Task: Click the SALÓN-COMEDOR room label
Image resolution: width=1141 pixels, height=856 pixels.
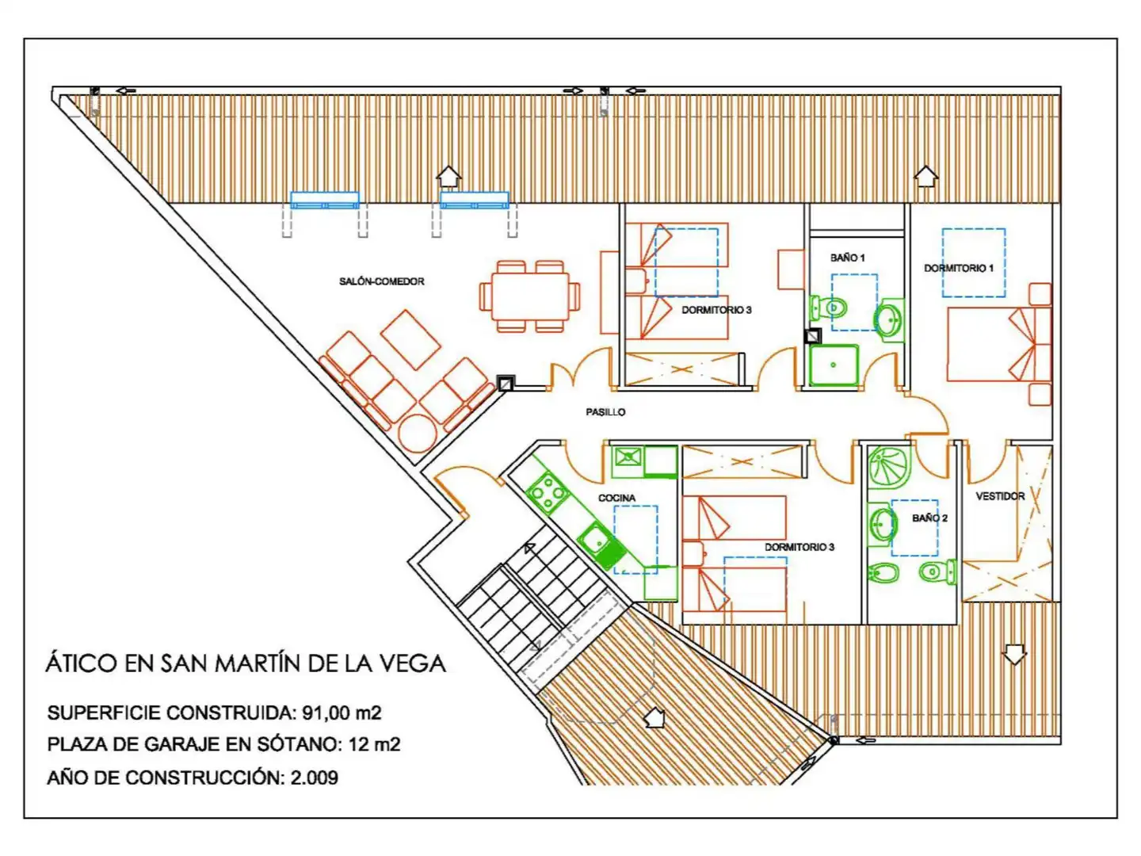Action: point(381,281)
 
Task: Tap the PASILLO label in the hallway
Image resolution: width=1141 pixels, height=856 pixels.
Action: point(605,412)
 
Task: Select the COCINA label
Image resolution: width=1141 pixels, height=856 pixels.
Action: point(616,498)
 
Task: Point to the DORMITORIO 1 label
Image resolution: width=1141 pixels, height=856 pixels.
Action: point(958,268)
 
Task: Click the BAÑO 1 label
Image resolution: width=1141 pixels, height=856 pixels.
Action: point(847,258)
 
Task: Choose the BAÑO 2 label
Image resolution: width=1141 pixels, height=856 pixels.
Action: point(929,518)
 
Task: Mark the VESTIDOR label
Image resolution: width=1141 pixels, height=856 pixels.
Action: point(1000,496)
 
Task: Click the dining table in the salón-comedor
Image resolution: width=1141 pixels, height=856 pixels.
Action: point(529,296)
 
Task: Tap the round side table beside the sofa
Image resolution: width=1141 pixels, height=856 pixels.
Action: point(417,433)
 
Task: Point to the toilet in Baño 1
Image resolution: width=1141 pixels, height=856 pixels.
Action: point(829,307)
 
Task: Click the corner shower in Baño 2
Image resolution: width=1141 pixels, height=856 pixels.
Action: point(889,467)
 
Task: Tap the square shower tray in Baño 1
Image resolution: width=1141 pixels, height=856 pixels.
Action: point(834,365)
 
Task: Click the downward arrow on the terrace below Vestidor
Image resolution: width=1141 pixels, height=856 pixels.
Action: point(1014,654)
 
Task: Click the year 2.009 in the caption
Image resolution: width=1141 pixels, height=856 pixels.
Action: point(314,778)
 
